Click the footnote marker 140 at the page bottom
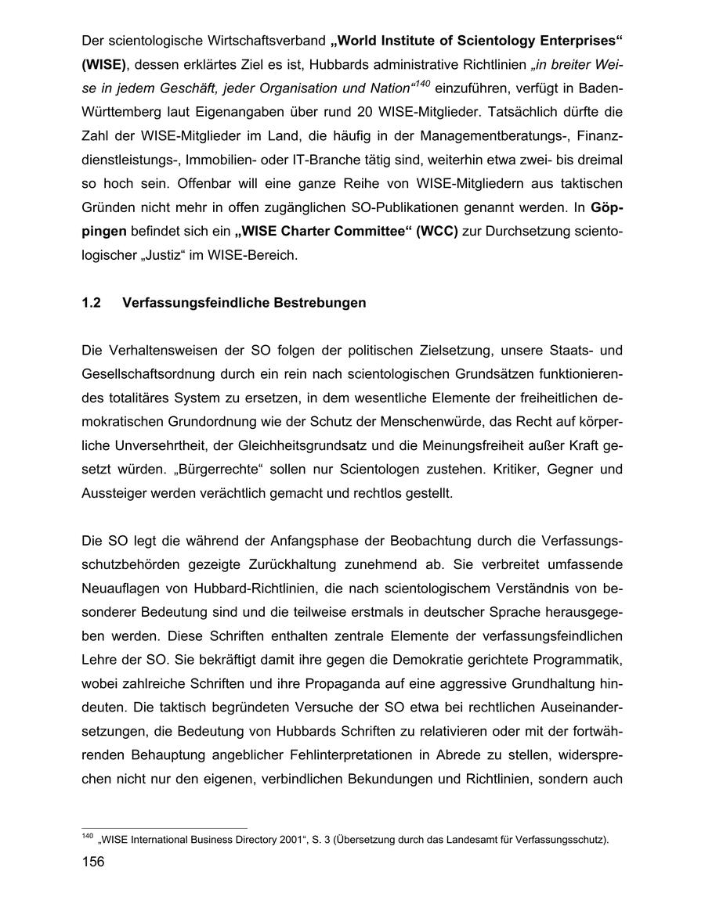point(87,837)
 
